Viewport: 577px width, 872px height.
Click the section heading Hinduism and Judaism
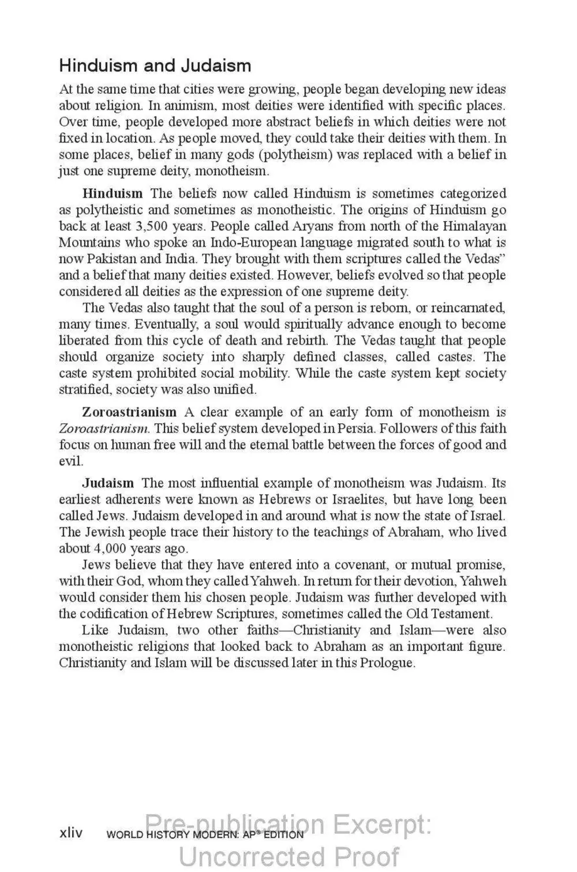coord(155,66)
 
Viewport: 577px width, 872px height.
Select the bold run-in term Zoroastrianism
coord(129,413)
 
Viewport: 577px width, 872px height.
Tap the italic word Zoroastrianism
coord(104,428)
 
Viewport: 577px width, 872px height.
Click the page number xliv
coord(71,833)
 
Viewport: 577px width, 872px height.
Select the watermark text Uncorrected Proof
coord(288,857)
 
